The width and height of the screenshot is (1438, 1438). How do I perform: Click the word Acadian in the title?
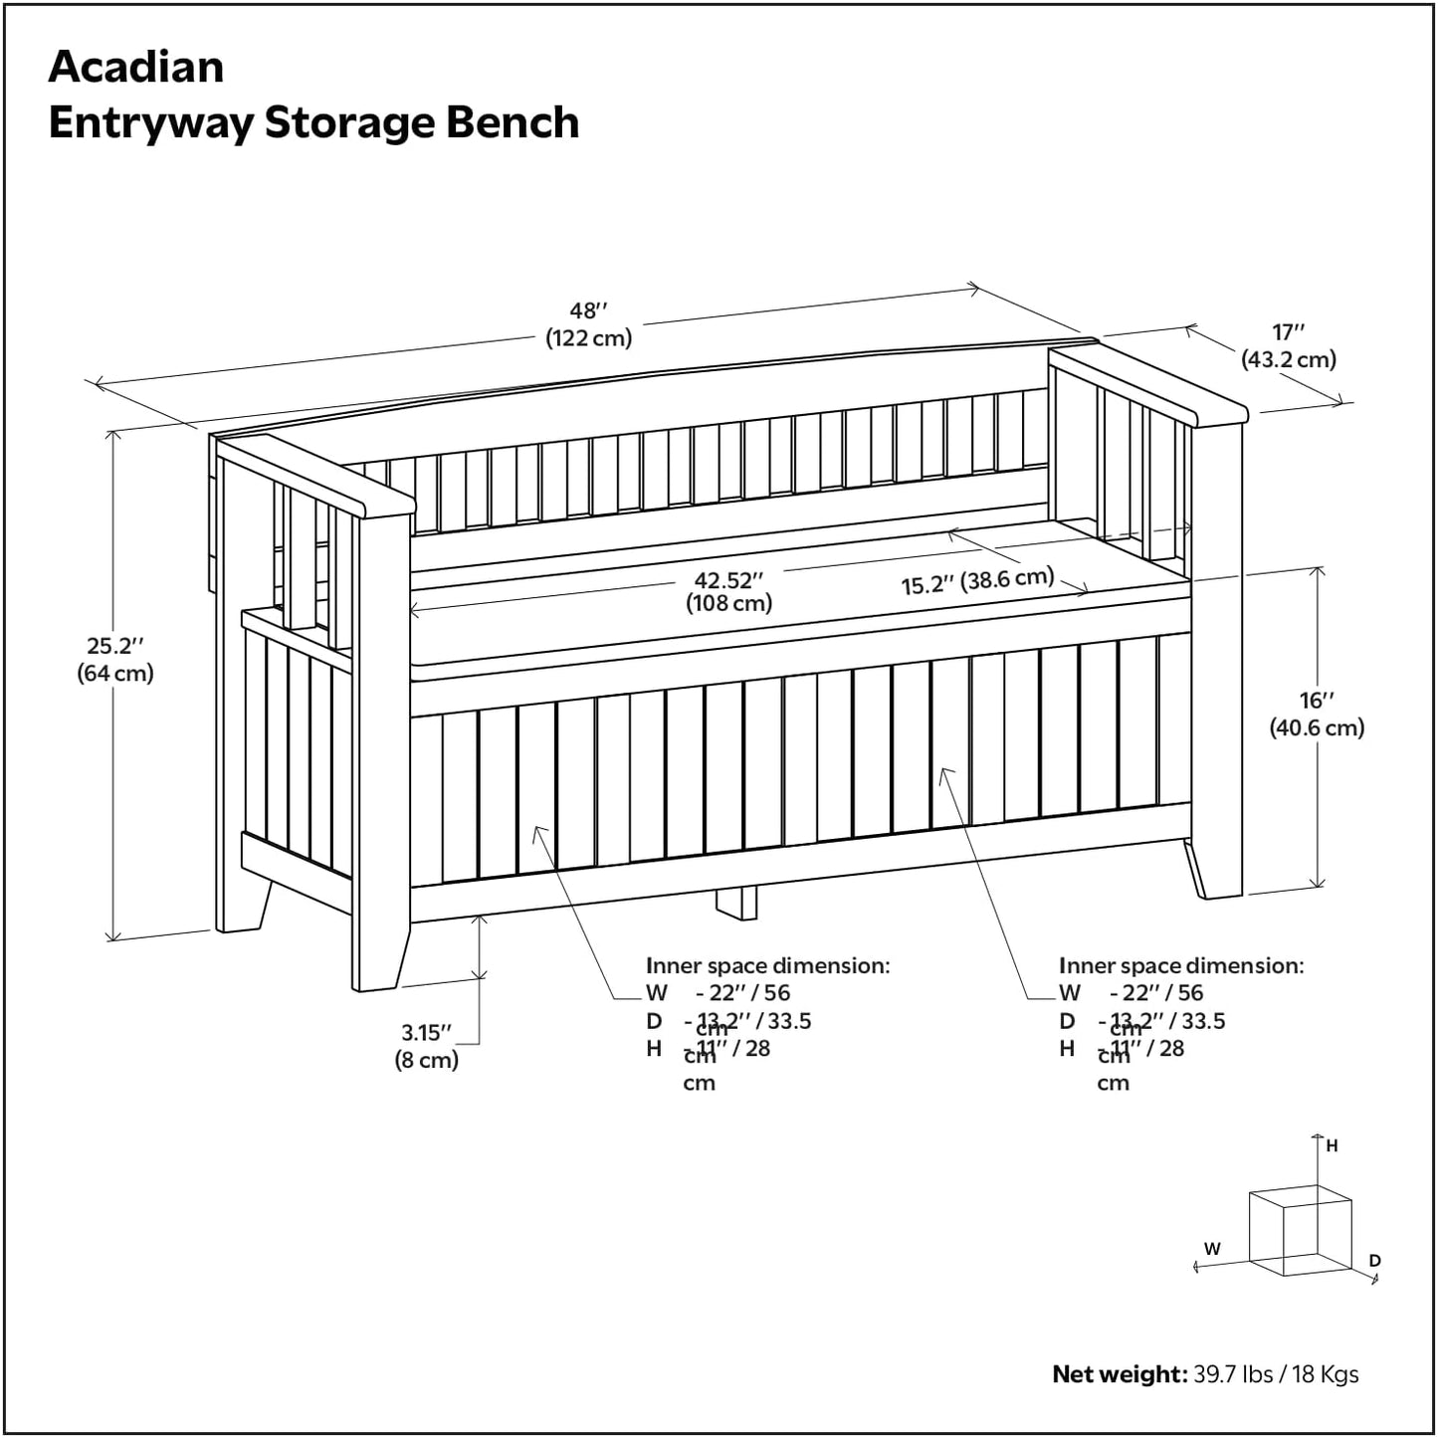pyautogui.click(x=136, y=68)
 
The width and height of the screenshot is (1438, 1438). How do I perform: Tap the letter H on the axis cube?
pyautogui.click(x=1332, y=1146)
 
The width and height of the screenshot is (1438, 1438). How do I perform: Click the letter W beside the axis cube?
pyautogui.click(x=1212, y=1249)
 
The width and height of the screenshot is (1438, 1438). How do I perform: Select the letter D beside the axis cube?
pyautogui.click(x=1374, y=1261)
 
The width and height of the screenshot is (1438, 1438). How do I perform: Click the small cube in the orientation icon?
pyautogui.click(x=1299, y=1230)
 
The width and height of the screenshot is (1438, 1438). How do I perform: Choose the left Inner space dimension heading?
pyautogui.click(x=767, y=965)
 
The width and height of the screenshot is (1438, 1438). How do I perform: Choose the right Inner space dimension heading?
pyautogui.click(x=1180, y=965)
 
